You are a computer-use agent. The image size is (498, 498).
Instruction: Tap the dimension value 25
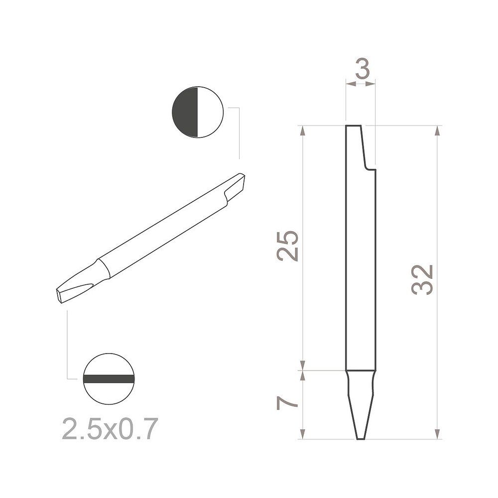click(288, 246)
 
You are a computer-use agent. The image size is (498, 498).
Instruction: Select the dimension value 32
click(423, 280)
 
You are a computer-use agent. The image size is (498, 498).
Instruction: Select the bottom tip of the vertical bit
click(361, 437)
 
